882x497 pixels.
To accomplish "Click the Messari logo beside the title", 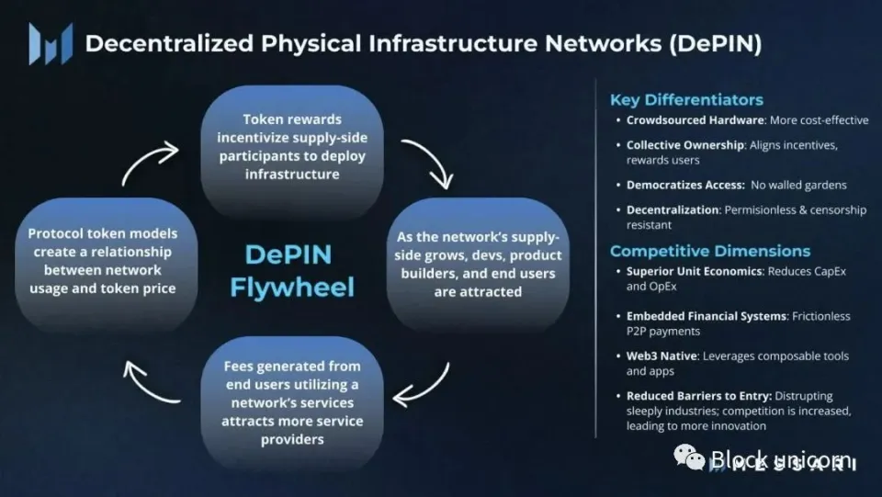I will point(50,43).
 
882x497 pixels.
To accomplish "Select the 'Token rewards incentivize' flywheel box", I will point(292,147).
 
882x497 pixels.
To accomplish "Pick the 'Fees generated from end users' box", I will point(292,402).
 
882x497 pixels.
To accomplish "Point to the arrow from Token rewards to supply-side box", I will point(431,163).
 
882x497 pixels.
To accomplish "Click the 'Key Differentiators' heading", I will point(686,99).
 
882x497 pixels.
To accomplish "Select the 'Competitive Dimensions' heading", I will point(710,251).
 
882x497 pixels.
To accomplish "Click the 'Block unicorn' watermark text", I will point(781,458).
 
